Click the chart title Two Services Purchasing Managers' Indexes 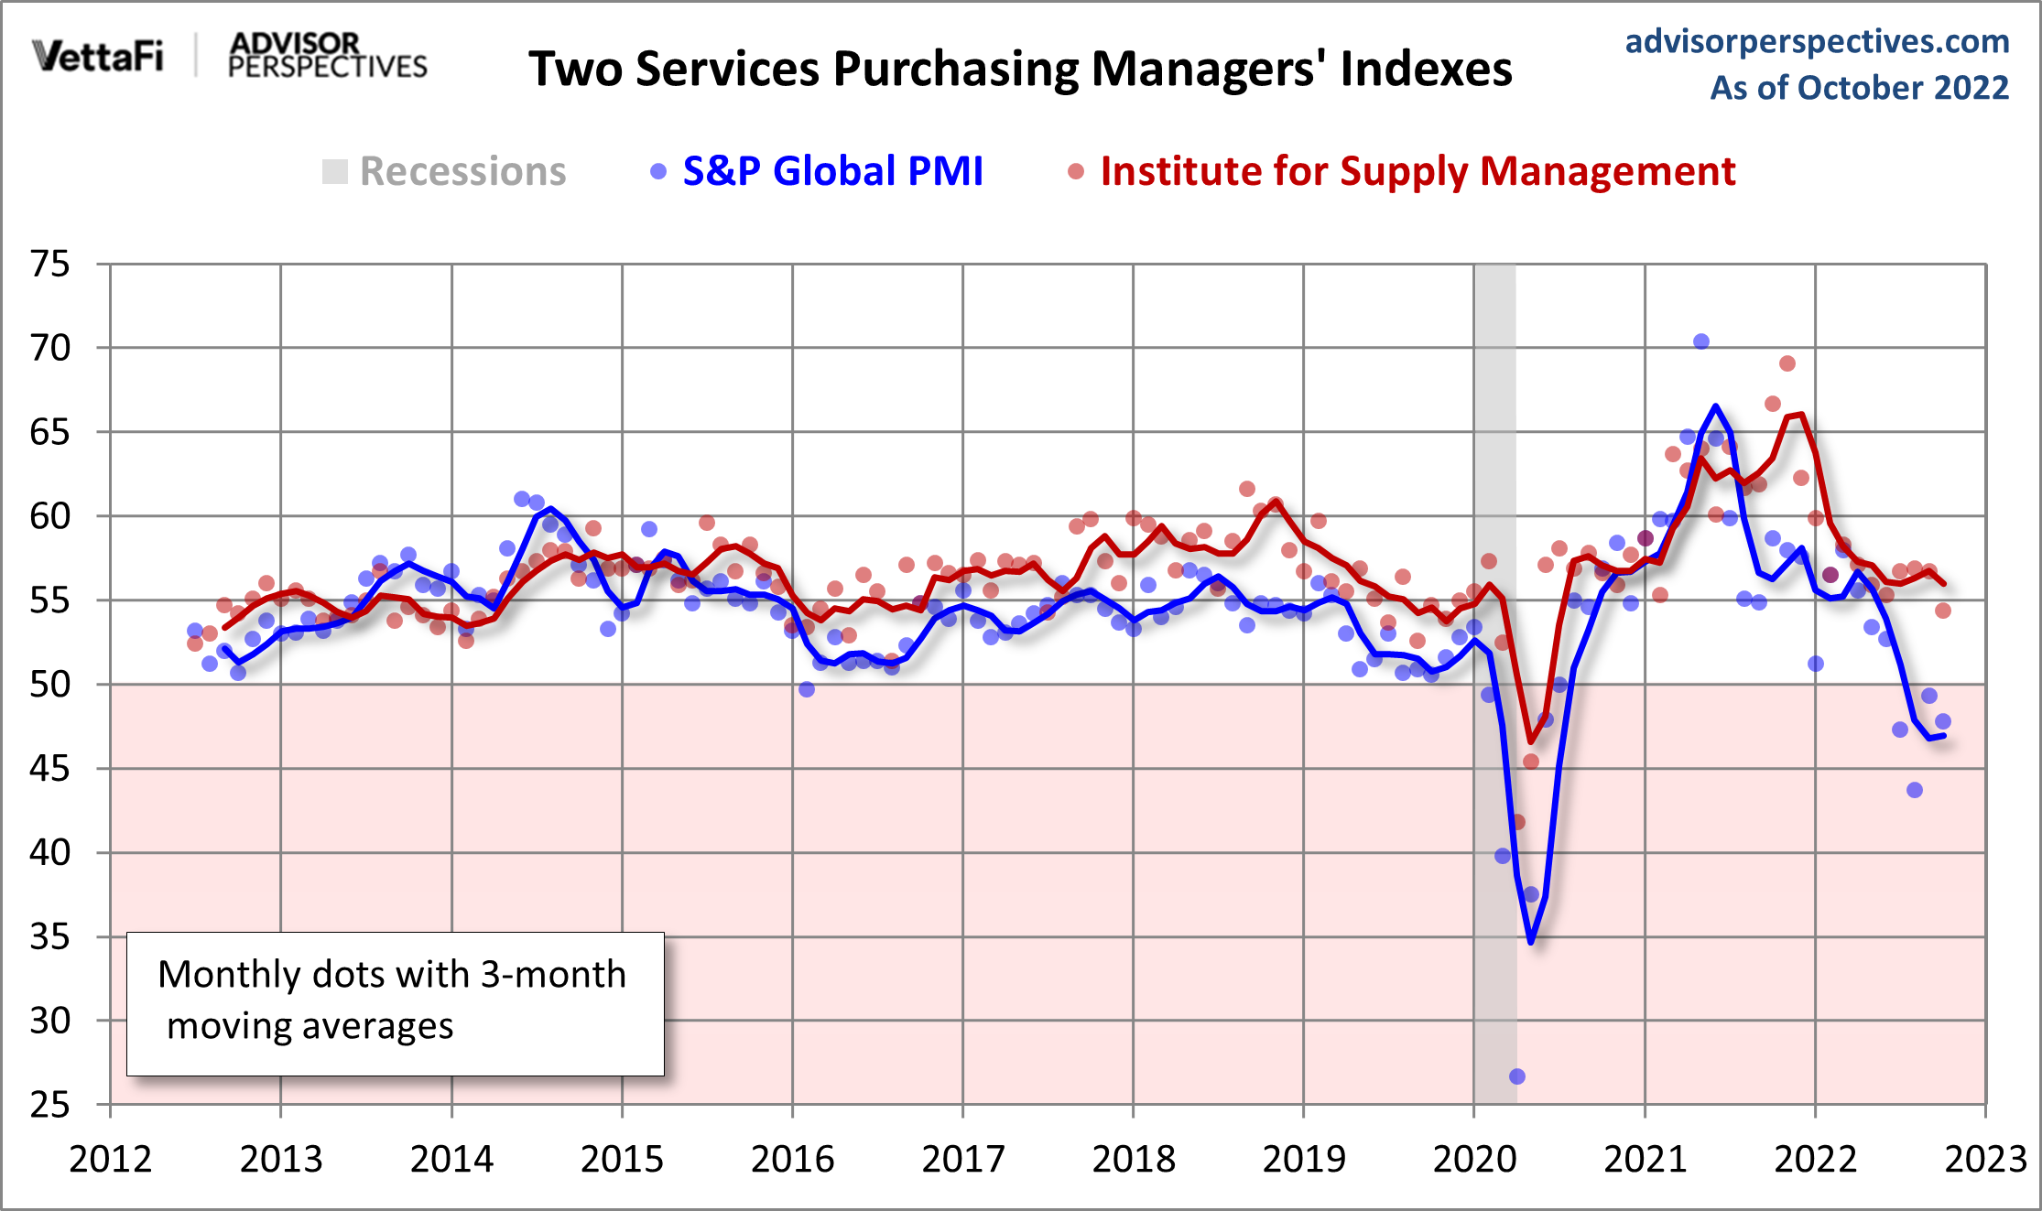coord(1020,70)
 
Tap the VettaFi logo coord(98,56)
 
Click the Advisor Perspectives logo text coord(327,56)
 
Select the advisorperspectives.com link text coord(1817,41)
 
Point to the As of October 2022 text coord(1859,88)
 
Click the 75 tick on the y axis coord(50,265)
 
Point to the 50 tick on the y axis coord(50,685)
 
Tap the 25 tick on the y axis coord(50,1105)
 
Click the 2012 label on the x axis coord(110,1160)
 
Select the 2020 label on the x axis coord(1474,1160)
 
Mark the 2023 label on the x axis coord(1985,1160)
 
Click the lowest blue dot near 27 coord(1517,1076)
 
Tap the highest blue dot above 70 coord(1701,341)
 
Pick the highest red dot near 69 coord(1787,363)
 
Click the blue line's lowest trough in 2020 coord(1531,941)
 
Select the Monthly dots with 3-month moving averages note coord(395,1002)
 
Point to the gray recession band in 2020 coord(1494,412)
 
